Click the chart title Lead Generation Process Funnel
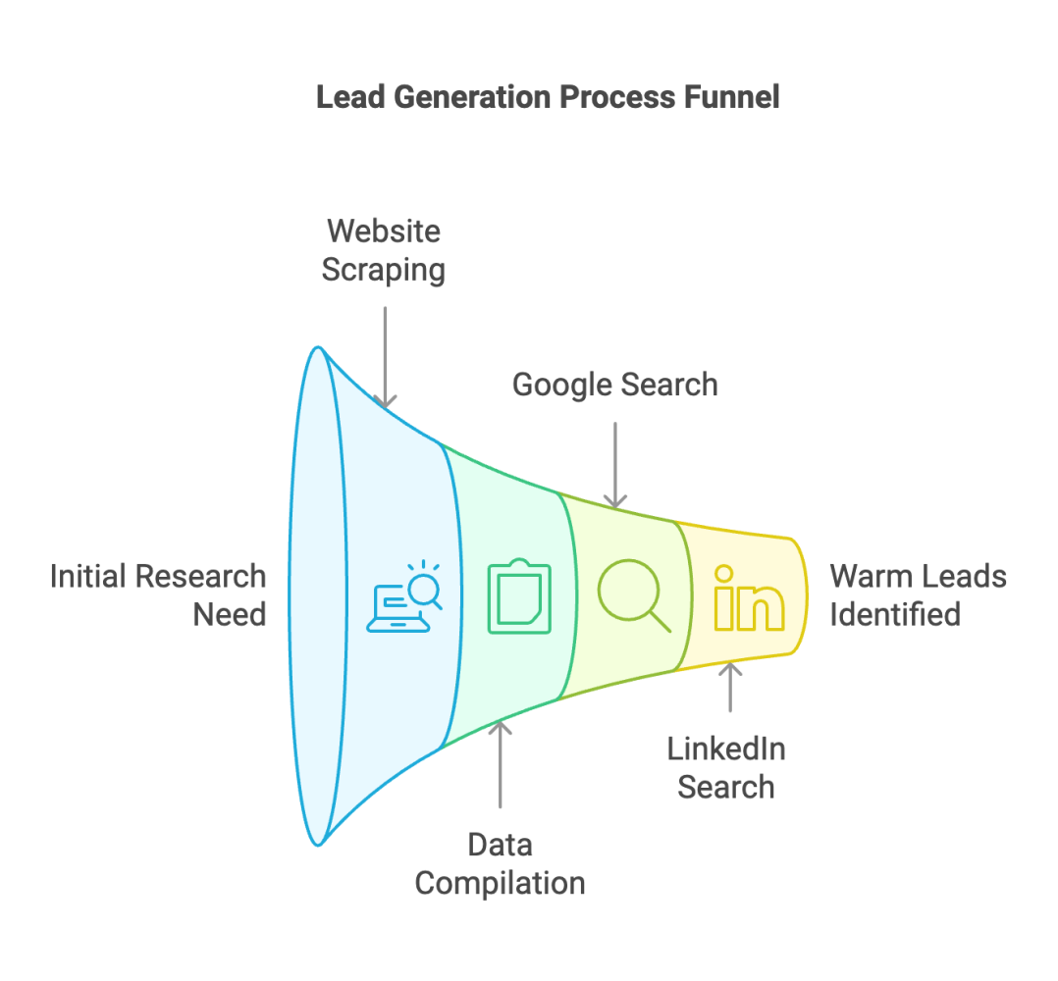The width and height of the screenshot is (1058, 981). pos(548,97)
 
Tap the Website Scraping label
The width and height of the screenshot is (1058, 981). pos(384,249)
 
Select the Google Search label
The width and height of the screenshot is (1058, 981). pos(614,385)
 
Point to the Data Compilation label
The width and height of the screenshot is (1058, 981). pos(500,863)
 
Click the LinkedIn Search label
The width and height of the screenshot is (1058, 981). pos(726,767)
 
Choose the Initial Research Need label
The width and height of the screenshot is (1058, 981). pos(158,594)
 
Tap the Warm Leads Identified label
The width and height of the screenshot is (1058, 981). pos(918,594)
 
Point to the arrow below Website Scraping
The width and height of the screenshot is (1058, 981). pos(386,357)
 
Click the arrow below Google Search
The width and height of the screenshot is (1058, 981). pos(614,465)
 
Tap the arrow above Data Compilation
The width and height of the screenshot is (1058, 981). pos(500,764)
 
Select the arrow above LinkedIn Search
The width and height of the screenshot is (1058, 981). pos(729,687)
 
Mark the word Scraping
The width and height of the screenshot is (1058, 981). pos(384,269)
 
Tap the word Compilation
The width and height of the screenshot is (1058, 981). pos(500,882)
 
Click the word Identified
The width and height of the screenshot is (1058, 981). pos(894,614)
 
